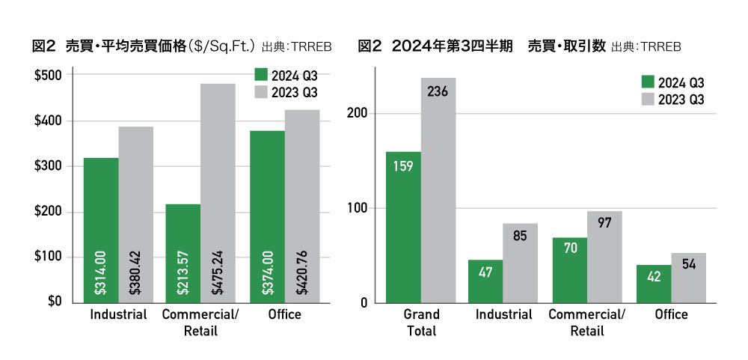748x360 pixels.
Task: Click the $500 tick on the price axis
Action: point(49,76)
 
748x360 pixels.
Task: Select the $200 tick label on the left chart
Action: point(49,213)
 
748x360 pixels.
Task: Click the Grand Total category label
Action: point(420,323)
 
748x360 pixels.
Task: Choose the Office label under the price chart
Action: point(284,314)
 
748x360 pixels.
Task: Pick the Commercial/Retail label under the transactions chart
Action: point(586,323)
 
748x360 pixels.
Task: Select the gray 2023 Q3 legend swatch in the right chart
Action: point(649,98)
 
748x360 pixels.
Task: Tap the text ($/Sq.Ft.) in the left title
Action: point(224,46)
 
